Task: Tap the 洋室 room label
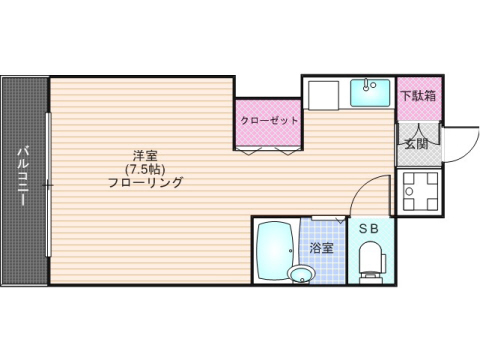pyautogui.click(x=145, y=155)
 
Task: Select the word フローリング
pyautogui.click(x=145, y=183)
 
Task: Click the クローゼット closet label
pyautogui.click(x=269, y=122)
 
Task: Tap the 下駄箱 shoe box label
pyautogui.click(x=418, y=97)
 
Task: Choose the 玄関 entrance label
pyautogui.click(x=416, y=143)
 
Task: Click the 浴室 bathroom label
pyautogui.click(x=321, y=246)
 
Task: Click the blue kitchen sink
pyautogui.click(x=371, y=94)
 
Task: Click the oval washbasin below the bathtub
pyautogui.click(x=298, y=273)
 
